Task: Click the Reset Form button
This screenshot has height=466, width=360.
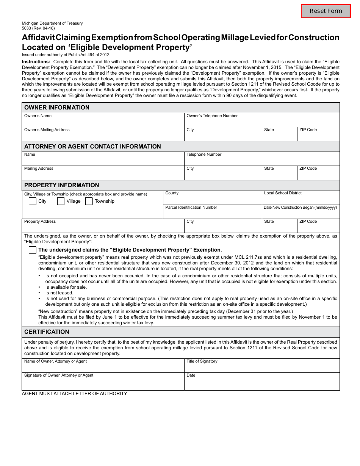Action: pyautogui.click(x=326, y=11)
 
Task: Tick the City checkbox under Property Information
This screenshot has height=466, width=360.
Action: pyautogui.click(x=33, y=201)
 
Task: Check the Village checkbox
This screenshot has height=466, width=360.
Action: pyautogui.click(x=61, y=201)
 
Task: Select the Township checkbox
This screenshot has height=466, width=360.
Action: pyautogui.click(x=89, y=201)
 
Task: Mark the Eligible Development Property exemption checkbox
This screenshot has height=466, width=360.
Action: pyautogui.click(x=33, y=250)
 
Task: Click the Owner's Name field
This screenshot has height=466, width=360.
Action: pyautogui.click(x=103, y=122)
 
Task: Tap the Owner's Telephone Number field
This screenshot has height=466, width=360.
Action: pyautogui.click(x=261, y=122)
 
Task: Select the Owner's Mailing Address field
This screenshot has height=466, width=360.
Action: pyautogui.click(x=103, y=136)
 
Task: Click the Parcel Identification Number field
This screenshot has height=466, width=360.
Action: pyautogui.click(x=212, y=214)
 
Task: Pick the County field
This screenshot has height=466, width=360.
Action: pyautogui.click(x=212, y=199)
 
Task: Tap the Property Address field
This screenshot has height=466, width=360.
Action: pyautogui.click(x=103, y=228)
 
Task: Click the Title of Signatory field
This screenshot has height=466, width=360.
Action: pyautogui.click(x=261, y=367)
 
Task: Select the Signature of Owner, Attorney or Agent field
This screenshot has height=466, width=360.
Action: pyautogui.click(x=103, y=383)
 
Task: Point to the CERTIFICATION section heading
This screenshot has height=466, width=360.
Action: pyautogui.click(x=47, y=332)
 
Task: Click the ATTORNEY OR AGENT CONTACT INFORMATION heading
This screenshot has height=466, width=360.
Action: pyautogui.click(x=92, y=147)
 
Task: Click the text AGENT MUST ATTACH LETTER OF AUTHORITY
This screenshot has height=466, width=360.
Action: pyautogui.click(x=74, y=394)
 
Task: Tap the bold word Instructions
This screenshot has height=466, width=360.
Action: pyautogui.click(x=36, y=62)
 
